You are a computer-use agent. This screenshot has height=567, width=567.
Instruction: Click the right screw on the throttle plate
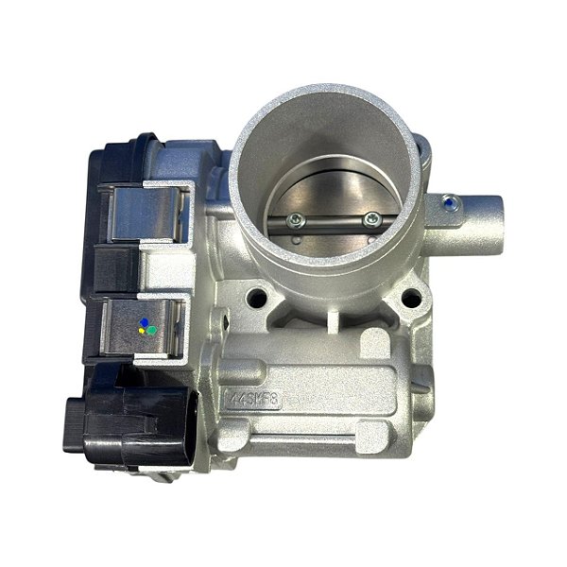tap(370, 219)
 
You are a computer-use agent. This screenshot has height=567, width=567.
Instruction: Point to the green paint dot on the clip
tap(149, 331)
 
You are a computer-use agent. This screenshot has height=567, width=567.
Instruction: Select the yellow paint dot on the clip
tap(142, 332)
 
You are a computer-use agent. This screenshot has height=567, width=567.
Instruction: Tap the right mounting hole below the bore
tap(411, 300)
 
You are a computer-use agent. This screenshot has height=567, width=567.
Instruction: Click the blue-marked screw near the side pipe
tap(448, 201)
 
